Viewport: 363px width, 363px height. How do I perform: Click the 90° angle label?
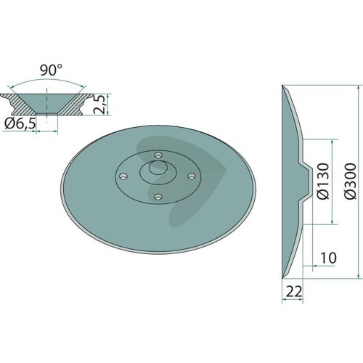(x=52, y=70)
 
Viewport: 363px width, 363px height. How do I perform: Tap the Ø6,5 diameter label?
(x=20, y=123)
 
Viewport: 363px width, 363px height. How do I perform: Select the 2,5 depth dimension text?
(x=99, y=105)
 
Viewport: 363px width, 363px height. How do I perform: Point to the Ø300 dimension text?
(x=351, y=181)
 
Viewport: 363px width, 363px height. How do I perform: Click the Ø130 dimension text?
(x=323, y=181)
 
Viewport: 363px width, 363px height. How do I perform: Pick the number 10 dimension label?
(x=328, y=258)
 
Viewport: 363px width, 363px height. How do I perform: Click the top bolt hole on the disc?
(x=158, y=155)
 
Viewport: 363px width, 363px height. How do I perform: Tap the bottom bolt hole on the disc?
(x=158, y=197)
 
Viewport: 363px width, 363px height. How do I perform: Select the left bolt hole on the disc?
(x=123, y=176)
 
